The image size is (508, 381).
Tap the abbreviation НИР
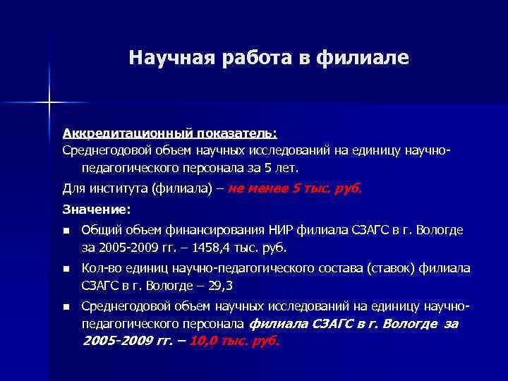(x=280, y=230)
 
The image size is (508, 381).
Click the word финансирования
(x=217, y=230)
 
